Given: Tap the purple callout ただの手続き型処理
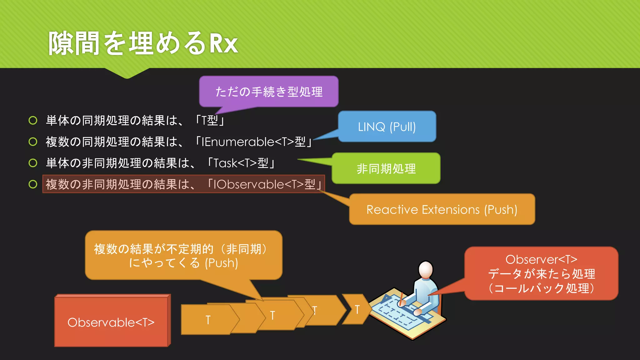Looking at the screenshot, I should click(269, 92).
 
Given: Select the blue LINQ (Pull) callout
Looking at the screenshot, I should click(387, 127).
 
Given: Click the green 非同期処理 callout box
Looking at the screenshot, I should click(386, 168).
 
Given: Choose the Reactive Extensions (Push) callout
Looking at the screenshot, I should click(442, 209).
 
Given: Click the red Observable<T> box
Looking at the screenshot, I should click(111, 322).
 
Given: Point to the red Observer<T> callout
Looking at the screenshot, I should click(541, 273).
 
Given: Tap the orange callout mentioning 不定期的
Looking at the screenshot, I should click(183, 256).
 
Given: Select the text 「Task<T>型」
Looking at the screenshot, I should click(241, 163).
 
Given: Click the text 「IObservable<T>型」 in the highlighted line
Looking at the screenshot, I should click(264, 184).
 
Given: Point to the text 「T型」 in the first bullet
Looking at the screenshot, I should click(210, 121).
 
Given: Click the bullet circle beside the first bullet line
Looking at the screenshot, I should click(33, 120).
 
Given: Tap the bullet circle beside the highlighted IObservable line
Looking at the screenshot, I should click(33, 184).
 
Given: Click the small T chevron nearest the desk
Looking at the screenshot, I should click(357, 309).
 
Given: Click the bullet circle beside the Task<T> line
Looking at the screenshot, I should click(33, 163).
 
